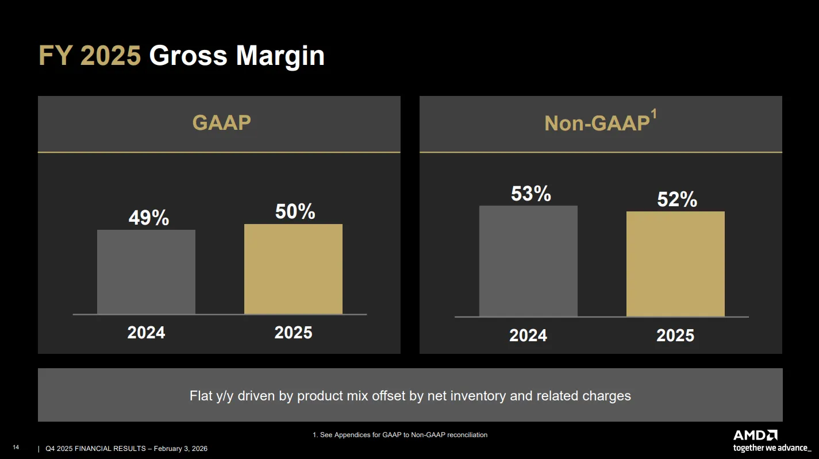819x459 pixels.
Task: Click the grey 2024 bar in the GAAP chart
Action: tap(146, 272)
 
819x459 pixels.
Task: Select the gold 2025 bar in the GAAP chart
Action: tap(293, 269)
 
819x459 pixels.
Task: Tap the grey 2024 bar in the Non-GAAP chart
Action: tap(528, 261)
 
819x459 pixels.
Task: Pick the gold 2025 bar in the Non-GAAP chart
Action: tap(675, 264)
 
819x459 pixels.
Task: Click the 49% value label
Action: tap(149, 218)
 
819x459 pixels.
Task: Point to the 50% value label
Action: tap(295, 211)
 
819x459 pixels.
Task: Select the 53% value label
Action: tap(531, 194)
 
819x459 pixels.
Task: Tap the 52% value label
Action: tap(677, 199)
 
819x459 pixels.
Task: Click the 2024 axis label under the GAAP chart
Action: tap(146, 333)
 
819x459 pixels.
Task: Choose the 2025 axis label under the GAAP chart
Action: tap(293, 333)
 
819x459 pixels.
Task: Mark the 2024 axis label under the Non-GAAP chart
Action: tap(528, 335)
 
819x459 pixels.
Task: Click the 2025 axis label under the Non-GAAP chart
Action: tap(675, 335)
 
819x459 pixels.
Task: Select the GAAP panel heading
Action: tap(222, 122)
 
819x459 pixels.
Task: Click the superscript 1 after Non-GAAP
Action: tap(653, 114)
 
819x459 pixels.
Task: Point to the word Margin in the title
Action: tap(280, 56)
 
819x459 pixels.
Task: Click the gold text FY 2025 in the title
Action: tap(90, 56)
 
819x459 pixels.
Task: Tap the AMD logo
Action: tap(755, 435)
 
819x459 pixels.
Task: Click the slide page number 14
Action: tap(16, 448)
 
